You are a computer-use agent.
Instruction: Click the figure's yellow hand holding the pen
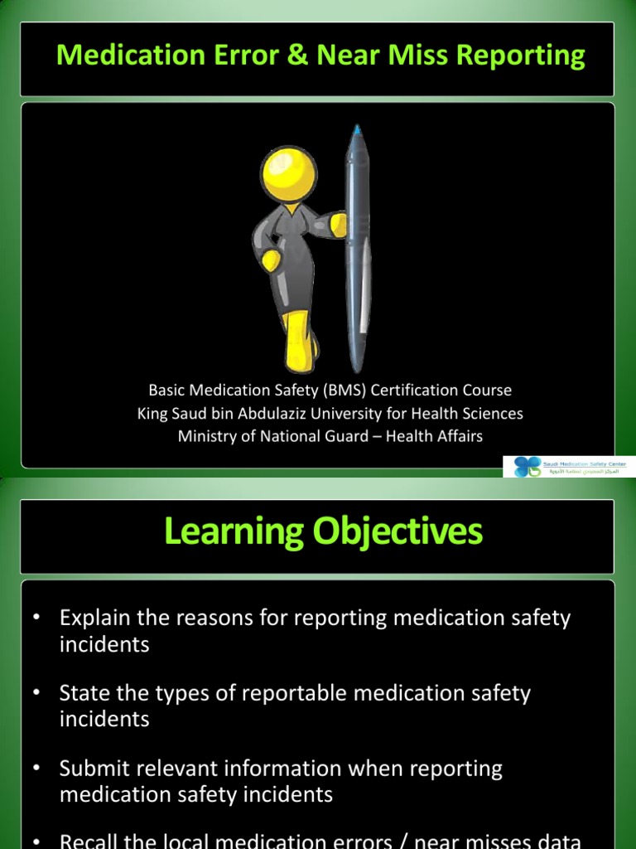337,222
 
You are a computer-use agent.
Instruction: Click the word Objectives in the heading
394,531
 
